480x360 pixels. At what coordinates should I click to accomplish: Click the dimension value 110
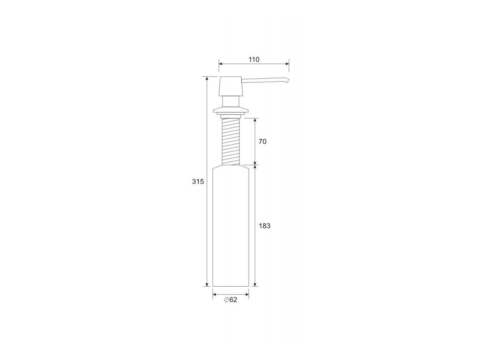pos(254,59)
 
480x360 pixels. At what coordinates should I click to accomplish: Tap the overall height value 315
pos(198,181)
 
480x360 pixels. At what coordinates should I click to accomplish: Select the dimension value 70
pos(262,141)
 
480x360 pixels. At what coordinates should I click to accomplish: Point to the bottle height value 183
pos(265,226)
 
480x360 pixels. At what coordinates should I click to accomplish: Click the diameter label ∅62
pos(231,300)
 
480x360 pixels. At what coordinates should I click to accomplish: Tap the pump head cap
pos(231,86)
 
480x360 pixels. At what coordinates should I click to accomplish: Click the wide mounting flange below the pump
pos(231,110)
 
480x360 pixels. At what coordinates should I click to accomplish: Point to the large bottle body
pos(231,226)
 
